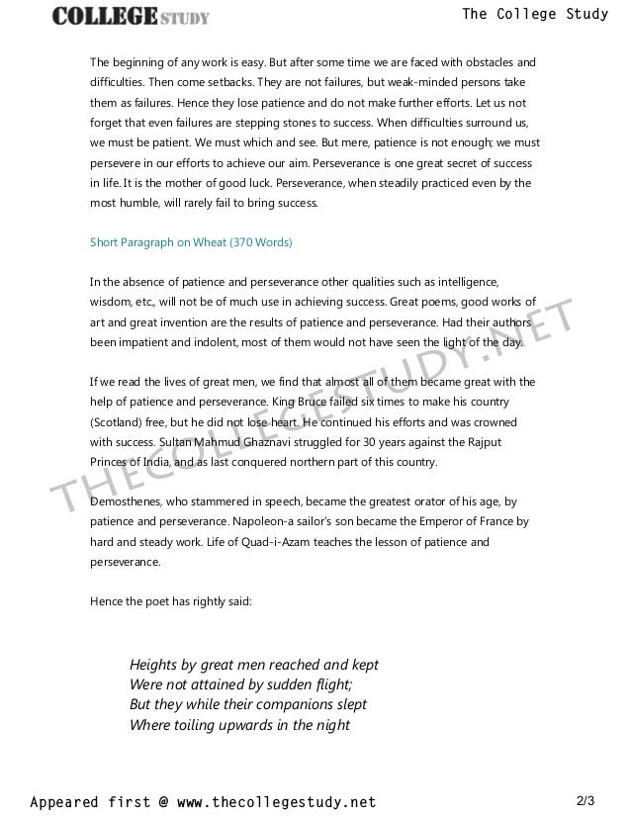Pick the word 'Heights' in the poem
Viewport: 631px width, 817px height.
pos(155,665)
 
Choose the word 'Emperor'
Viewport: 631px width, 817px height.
pos(426,521)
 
